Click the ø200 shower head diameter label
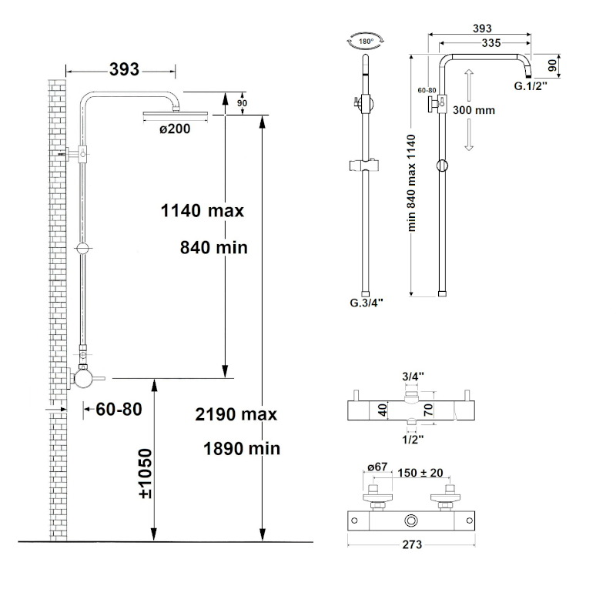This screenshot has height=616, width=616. tap(175, 129)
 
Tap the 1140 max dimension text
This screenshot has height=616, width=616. tap(203, 211)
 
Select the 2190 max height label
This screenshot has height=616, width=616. tap(236, 414)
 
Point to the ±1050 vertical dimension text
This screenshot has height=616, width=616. tap(146, 474)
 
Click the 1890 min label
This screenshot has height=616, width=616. tap(242, 449)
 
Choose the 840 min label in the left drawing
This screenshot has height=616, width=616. tap(214, 248)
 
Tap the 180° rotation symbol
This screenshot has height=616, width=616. tap(366, 42)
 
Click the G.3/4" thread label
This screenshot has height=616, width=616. tap(367, 303)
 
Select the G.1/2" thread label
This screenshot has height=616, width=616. tap(531, 86)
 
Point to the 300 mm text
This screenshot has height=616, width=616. tap(474, 110)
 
